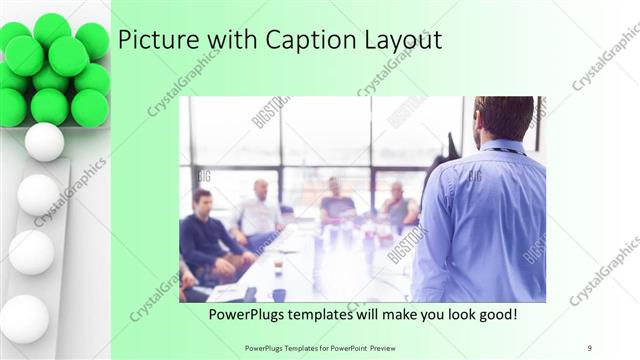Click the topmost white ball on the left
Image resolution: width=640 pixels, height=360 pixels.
(x=44, y=142)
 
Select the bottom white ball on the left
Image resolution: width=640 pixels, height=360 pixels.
(x=24, y=318)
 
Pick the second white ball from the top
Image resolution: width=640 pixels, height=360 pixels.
(x=38, y=194)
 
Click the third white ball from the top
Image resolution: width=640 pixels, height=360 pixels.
(x=32, y=252)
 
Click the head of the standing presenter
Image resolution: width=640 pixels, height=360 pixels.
(x=503, y=118)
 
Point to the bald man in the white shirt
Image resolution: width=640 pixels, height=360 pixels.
(x=259, y=210)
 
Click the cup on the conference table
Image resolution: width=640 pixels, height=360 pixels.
(x=278, y=266)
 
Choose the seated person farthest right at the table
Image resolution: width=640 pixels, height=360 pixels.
(x=399, y=207)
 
